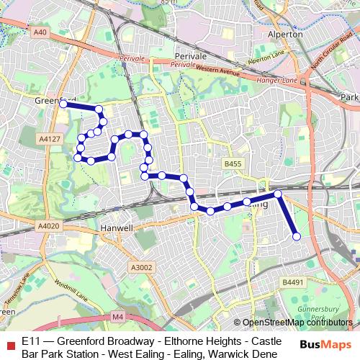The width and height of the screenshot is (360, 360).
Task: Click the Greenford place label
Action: (55, 101)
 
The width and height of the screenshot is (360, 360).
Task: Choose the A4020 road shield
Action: (45, 226)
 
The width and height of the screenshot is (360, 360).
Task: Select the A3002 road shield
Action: (143, 267)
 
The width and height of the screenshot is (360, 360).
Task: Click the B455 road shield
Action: (232, 164)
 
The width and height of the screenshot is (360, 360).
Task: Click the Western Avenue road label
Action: (217, 70)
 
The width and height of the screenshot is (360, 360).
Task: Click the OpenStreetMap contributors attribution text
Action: (297, 323)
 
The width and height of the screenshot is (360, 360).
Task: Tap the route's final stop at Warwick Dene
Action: (296, 236)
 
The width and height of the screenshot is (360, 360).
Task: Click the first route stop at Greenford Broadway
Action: (63, 104)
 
